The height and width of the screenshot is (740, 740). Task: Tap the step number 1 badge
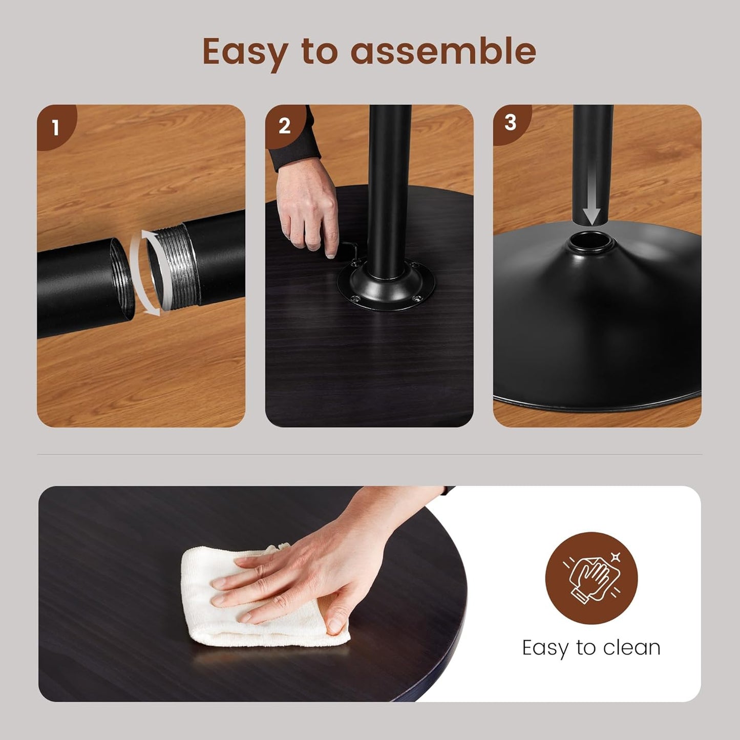click(x=56, y=126)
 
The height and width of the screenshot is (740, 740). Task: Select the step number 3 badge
click(x=511, y=123)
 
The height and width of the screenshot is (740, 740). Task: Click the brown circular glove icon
click(x=591, y=578)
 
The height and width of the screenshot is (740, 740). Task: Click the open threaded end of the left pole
click(x=122, y=279)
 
